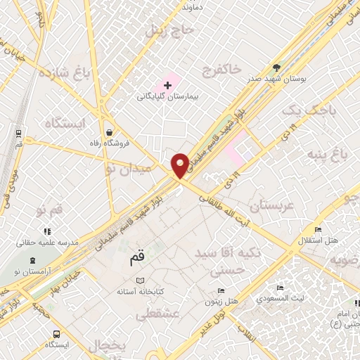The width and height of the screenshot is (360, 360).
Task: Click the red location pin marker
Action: click(x=180, y=165)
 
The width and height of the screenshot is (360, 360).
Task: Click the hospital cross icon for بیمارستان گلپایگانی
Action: click(x=167, y=85)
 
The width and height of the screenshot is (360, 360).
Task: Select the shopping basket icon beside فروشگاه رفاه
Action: click(x=109, y=131)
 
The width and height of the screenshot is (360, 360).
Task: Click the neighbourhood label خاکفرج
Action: click(x=221, y=70)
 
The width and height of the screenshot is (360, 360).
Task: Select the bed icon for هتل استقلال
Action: click(x=318, y=229)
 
